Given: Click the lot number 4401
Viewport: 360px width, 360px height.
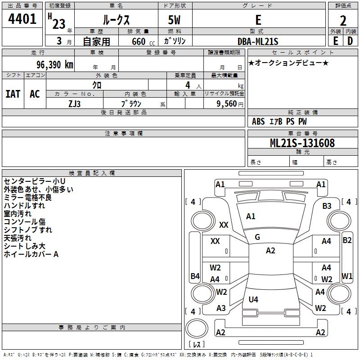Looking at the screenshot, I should (22, 19).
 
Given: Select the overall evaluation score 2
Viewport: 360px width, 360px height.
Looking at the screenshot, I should (343, 20).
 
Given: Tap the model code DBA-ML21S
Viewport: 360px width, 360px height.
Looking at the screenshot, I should (258, 41).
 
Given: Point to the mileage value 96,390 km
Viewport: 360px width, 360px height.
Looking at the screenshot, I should (52, 64).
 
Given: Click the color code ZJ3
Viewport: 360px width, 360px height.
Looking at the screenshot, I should (74, 103).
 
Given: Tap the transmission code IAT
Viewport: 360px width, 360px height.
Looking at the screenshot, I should (13, 94).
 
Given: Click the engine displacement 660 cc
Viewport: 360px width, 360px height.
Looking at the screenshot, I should (138, 41).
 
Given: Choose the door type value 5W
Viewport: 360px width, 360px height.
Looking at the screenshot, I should (175, 20).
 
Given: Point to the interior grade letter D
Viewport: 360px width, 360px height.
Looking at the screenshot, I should (350, 41).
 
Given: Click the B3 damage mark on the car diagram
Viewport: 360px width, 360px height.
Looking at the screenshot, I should (327, 206).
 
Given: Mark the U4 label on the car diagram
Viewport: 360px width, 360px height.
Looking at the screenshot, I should (253, 299).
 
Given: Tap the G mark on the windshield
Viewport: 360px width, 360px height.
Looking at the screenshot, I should (257, 237).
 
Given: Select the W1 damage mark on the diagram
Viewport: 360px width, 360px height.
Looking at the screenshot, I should (346, 276).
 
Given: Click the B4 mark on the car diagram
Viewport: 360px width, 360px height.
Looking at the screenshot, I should (195, 276).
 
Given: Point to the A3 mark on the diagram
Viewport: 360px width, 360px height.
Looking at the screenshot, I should (221, 308).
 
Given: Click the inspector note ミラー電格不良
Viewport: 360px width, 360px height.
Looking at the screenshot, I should (28, 198).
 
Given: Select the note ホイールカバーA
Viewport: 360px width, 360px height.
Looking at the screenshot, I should (31, 254).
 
